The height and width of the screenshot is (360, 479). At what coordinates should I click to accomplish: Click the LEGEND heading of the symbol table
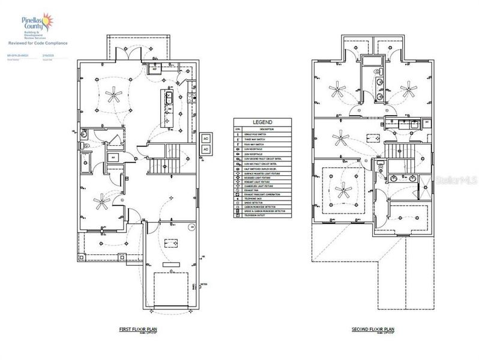click(x=262, y=122)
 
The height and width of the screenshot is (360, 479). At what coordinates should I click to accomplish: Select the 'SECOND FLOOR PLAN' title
click(x=373, y=330)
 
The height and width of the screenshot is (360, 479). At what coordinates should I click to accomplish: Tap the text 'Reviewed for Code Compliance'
click(x=38, y=43)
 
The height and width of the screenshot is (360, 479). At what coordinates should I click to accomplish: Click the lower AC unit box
click(x=205, y=148)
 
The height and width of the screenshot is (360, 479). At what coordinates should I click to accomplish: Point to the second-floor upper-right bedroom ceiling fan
click(x=409, y=91)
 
